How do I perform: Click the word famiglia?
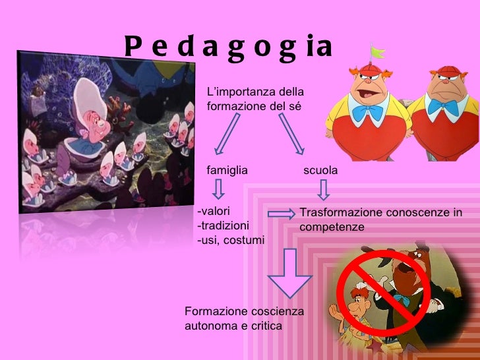[227, 170]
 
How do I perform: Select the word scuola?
[320, 170]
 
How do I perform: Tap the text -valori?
[213, 212]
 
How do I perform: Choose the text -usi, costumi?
[231, 240]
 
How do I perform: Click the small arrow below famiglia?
[218, 190]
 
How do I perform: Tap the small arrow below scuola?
[323, 190]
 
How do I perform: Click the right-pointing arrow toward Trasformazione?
[283, 213]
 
